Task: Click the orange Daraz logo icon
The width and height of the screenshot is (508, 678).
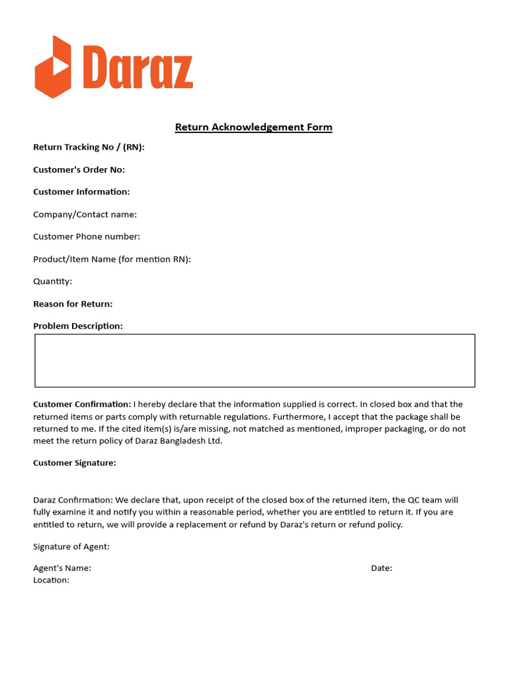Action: pyautogui.click(x=53, y=67)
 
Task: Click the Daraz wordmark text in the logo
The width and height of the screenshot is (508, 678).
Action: pyautogui.click(x=138, y=68)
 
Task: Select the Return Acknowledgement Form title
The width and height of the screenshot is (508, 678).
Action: pyautogui.click(x=253, y=127)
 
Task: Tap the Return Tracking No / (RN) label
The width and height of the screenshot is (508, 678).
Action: pyautogui.click(x=89, y=147)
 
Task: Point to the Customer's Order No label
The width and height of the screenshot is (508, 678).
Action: pyautogui.click(x=79, y=169)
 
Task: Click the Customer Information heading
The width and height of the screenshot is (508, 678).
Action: pyautogui.click(x=81, y=192)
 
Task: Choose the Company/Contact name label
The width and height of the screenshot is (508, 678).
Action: pyautogui.click(x=85, y=215)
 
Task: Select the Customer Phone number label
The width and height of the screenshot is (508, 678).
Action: pyautogui.click(x=87, y=236)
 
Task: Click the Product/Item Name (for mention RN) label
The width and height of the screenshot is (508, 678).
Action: pyautogui.click(x=112, y=259)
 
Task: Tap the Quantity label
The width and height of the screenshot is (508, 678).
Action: pyautogui.click(x=52, y=281)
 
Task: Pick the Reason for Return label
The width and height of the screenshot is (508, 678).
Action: pyautogui.click(x=73, y=304)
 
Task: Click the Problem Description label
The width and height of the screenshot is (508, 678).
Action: pyautogui.click(x=78, y=326)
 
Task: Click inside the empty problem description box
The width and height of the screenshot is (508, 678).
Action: pyautogui.click(x=255, y=361)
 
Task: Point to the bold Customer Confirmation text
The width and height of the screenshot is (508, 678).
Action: pyautogui.click(x=82, y=404)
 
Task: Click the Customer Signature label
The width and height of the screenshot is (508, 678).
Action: pyautogui.click(x=75, y=463)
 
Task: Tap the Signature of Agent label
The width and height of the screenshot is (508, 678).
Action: pyautogui.click(x=71, y=546)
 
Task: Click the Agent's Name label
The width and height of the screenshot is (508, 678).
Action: pyautogui.click(x=62, y=568)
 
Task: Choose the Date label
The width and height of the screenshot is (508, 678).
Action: pyautogui.click(x=382, y=568)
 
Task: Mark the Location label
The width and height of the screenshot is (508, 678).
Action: pyautogui.click(x=51, y=580)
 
